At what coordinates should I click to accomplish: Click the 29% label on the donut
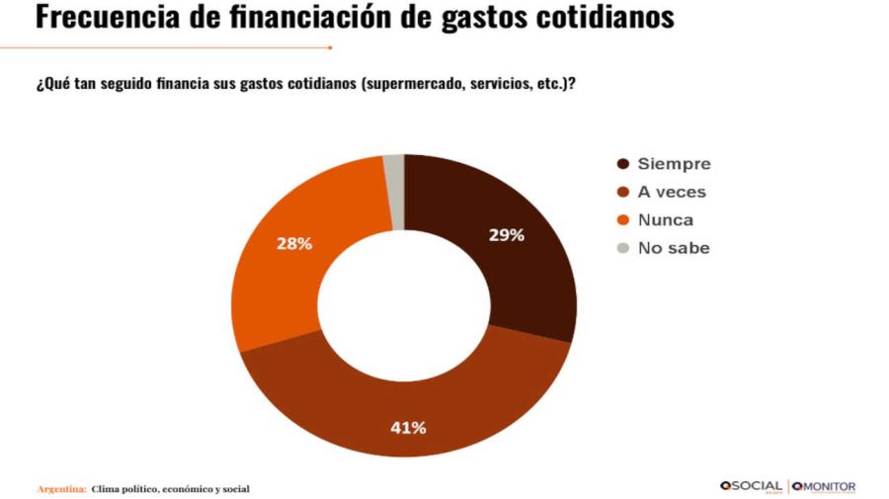click(x=506, y=235)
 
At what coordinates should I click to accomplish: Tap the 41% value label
click(x=408, y=427)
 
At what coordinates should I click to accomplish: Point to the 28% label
click(x=294, y=243)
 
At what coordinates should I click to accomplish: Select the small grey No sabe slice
click(x=394, y=192)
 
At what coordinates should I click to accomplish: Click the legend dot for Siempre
click(x=622, y=164)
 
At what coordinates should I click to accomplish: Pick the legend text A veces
click(x=672, y=192)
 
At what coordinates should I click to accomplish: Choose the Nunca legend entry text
click(x=666, y=219)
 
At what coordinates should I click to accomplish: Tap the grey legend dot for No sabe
click(x=622, y=248)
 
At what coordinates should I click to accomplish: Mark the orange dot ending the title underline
click(x=330, y=46)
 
